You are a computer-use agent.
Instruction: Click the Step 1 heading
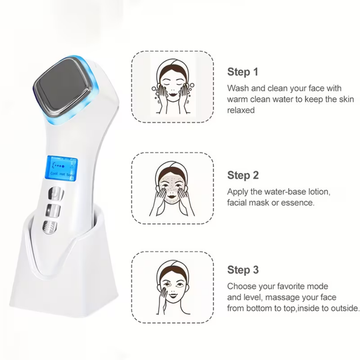[x=243, y=72]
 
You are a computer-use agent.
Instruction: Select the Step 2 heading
[x=243, y=175]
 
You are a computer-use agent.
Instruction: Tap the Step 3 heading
[x=243, y=270]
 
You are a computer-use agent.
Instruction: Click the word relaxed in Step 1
[x=241, y=110]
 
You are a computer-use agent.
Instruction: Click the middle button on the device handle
[x=53, y=210]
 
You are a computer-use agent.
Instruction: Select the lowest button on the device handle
[x=50, y=228]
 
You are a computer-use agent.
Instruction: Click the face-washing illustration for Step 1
[x=173, y=86]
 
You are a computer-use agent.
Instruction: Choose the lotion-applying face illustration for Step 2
[x=172, y=189]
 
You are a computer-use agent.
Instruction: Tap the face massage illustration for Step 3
[x=173, y=287]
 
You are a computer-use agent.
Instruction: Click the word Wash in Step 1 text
[x=238, y=88]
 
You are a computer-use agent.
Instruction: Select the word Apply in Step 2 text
[x=238, y=192]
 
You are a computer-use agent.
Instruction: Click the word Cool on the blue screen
[x=54, y=173]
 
